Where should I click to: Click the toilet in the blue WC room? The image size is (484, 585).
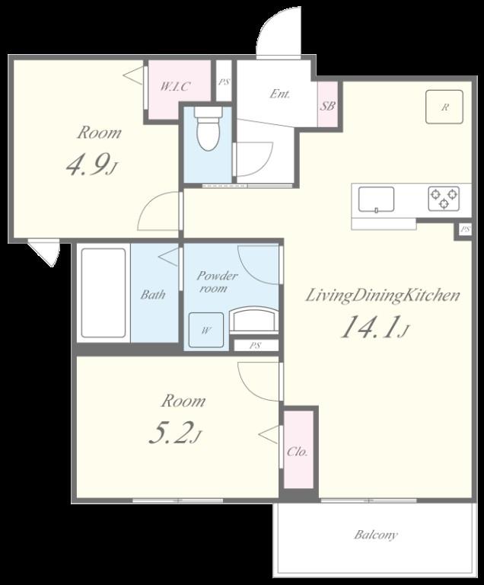point(209,129)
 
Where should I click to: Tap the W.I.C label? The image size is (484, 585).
point(175,87)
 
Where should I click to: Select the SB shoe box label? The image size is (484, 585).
point(327,106)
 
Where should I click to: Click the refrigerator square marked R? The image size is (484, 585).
point(444,107)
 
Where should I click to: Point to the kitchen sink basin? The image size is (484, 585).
point(376,200)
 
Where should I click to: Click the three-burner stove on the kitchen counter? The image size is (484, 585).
point(444,199)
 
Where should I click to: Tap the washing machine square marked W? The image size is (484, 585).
point(205,330)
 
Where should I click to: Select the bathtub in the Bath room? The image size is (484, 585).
point(103,292)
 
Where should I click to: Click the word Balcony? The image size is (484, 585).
point(376,535)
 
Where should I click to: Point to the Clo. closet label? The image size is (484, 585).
point(298,452)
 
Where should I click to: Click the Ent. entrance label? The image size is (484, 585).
point(279,94)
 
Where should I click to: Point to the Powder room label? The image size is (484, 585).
point(217,282)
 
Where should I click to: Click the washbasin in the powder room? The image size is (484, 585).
point(253,318)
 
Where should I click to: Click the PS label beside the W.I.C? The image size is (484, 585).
point(224,82)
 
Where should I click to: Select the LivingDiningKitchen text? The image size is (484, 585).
point(383,296)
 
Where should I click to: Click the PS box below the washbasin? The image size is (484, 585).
point(256,346)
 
